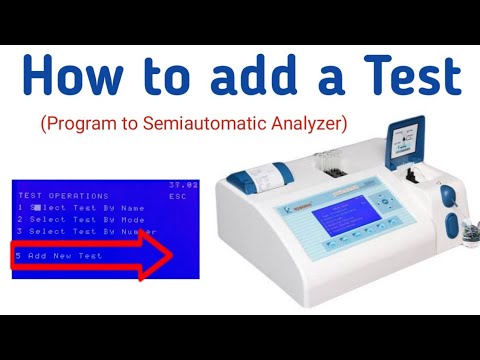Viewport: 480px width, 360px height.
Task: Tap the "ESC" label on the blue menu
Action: tap(178, 196)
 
